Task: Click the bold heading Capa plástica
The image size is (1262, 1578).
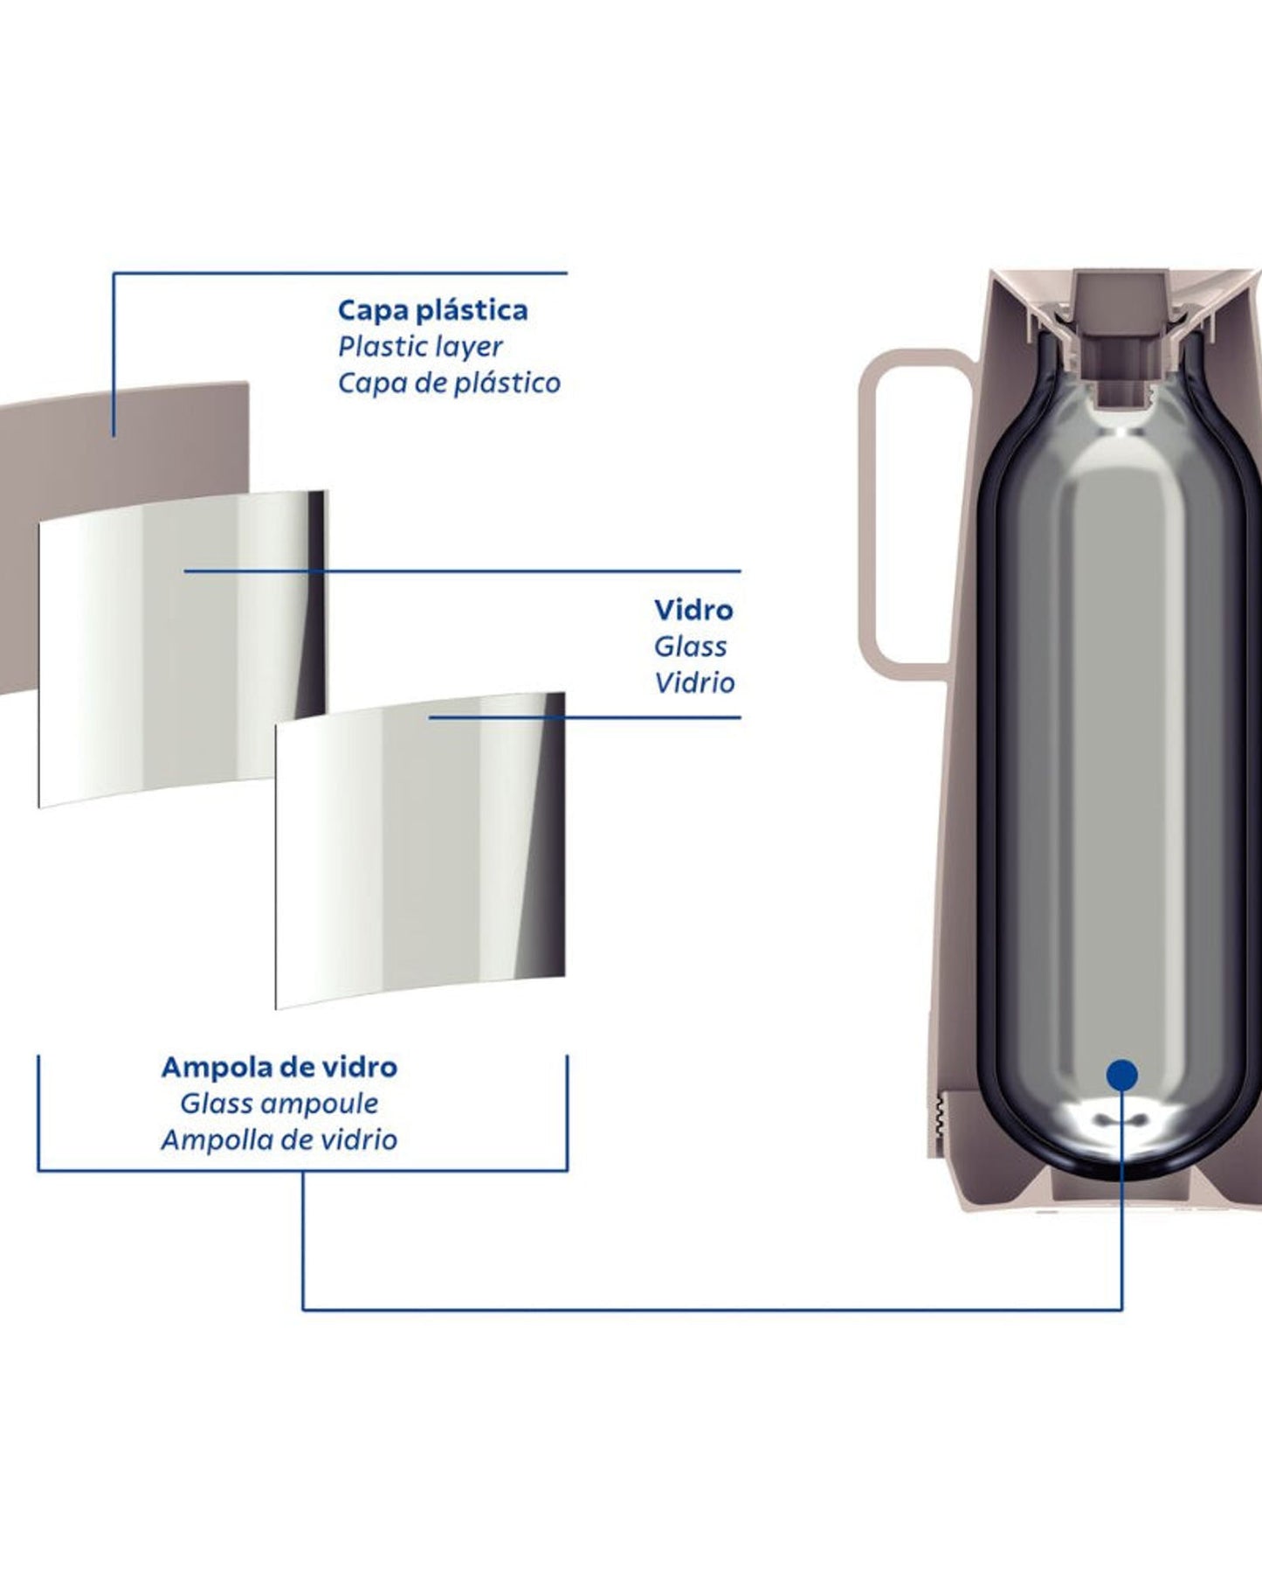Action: coord(432,310)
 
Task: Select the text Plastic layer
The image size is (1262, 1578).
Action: coord(420,347)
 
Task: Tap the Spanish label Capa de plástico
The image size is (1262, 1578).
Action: coord(449,383)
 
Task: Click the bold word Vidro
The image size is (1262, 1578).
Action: coord(693,610)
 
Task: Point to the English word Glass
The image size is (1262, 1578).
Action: coord(690,647)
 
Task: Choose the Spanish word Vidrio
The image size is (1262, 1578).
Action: coord(694,682)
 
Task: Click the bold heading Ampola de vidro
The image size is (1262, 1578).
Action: coord(279,1067)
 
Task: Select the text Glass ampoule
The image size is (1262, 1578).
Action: coord(279,1104)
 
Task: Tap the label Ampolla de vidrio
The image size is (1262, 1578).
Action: coord(279,1139)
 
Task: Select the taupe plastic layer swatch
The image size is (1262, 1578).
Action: coord(131,454)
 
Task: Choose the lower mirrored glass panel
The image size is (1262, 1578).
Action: coord(419,852)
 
